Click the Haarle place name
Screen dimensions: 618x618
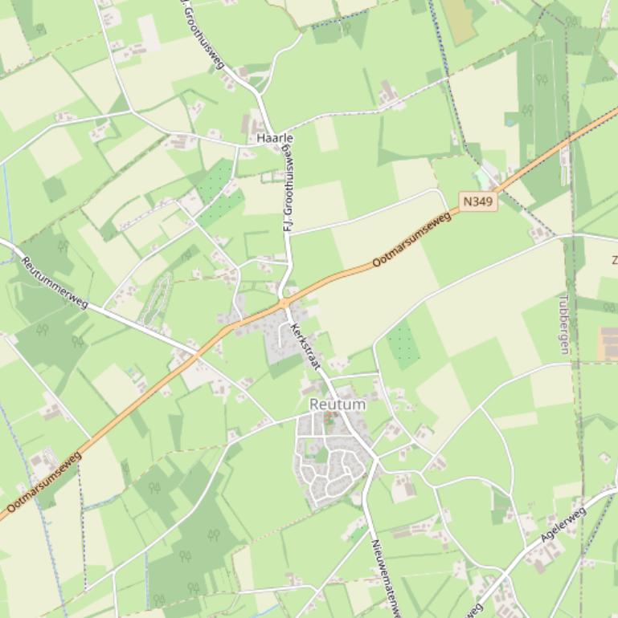click(x=275, y=138)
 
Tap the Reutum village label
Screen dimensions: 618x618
click(x=338, y=405)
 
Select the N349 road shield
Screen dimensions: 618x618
click(x=478, y=201)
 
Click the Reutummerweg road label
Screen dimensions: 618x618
click(x=55, y=281)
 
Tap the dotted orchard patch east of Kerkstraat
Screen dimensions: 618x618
click(x=403, y=344)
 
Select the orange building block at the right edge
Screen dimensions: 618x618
click(x=609, y=343)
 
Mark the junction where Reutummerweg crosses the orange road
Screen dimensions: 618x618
click(x=194, y=352)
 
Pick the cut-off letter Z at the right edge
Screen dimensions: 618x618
click(x=613, y=259)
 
